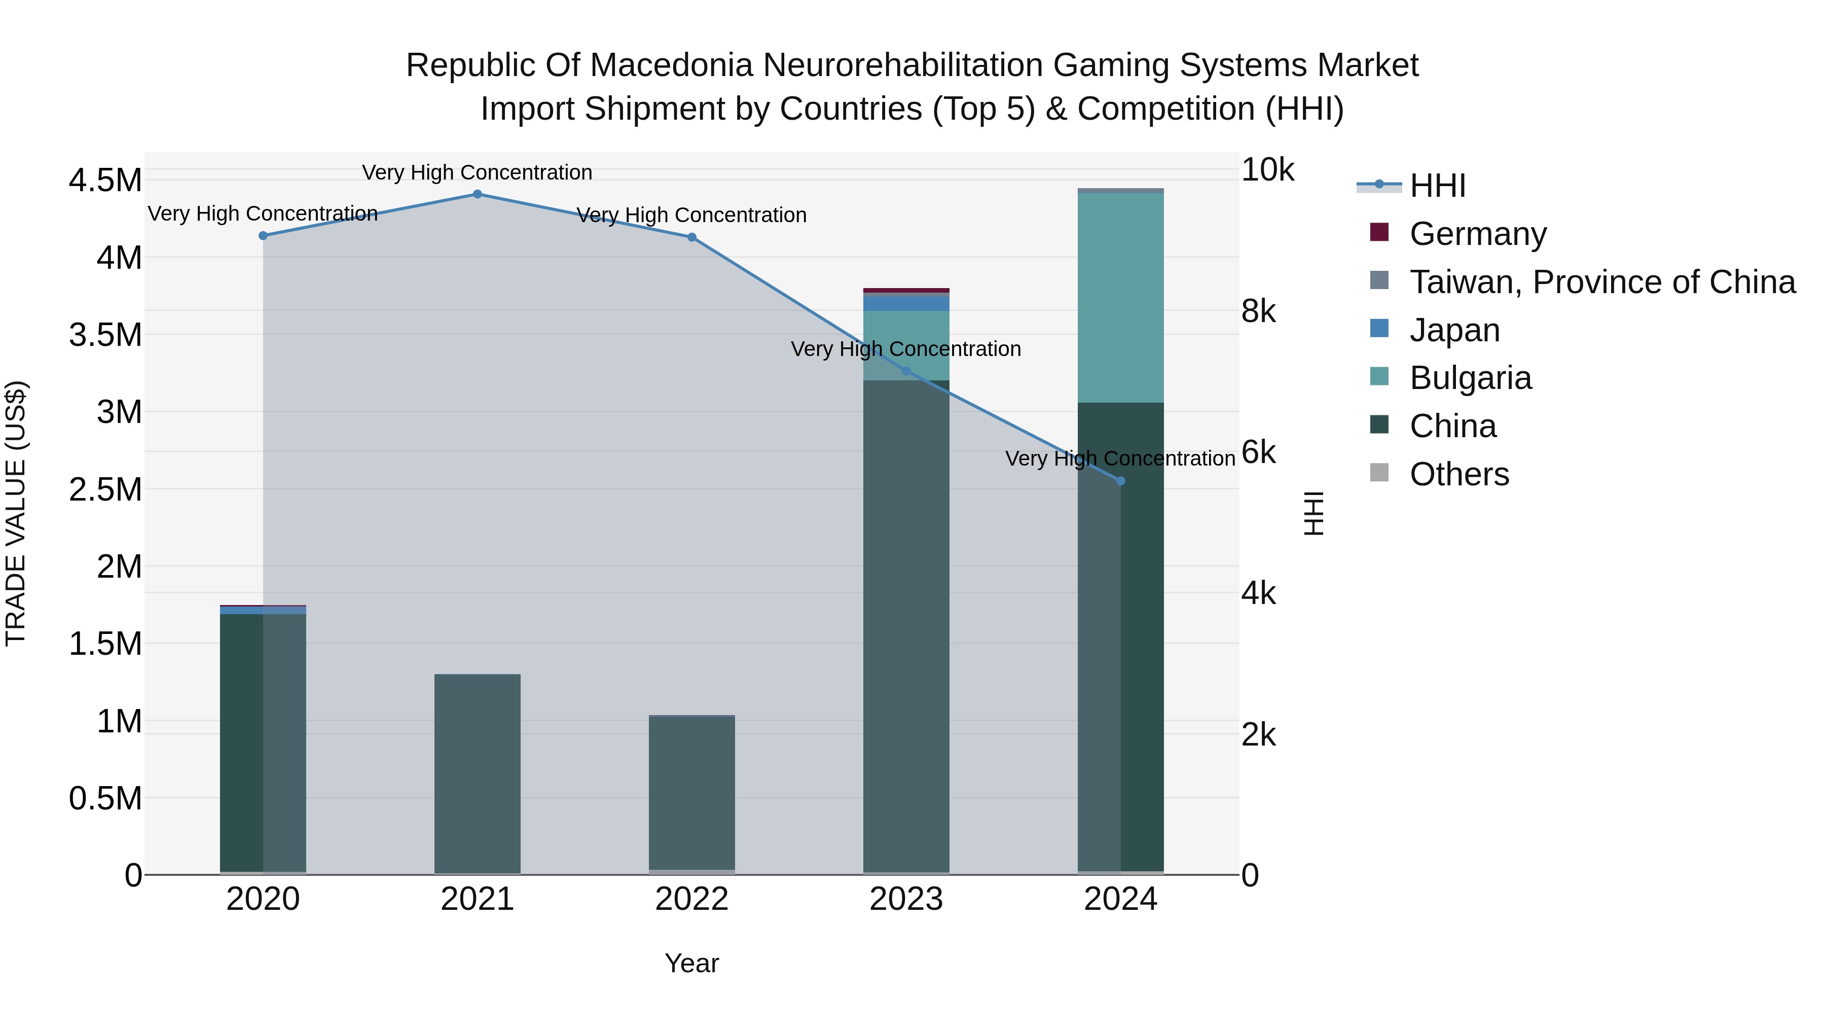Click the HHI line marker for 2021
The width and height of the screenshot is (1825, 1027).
click(477, 194)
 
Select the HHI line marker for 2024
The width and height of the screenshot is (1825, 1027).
click(1120, 481)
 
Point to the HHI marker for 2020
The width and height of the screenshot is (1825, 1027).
click(263, 236)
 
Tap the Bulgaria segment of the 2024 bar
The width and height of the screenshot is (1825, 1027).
click(1120, 298)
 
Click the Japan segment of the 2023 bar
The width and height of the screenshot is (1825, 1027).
click(906, 303)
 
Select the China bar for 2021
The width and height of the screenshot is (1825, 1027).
click(477, 772)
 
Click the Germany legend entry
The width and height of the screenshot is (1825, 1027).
click(1477, 234)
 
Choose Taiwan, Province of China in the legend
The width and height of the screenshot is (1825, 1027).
click(1601, 282)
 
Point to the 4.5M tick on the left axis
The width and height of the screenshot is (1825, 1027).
click(105, 181)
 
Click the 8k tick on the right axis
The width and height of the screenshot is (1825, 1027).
click(1258, 312)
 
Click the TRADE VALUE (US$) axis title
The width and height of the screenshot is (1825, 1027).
click(16, 513)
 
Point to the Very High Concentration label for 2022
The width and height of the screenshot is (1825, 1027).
click(691, 216)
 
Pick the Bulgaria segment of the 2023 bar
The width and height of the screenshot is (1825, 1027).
click(906, 345)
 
